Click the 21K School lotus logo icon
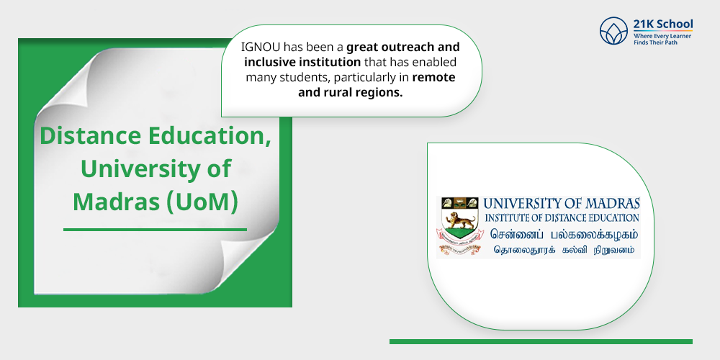coord(614,30)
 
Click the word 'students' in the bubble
coord(327,78)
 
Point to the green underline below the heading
coord(155,230)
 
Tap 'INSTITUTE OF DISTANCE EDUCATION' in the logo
coord(562,217)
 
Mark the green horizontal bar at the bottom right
coord(541,341)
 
